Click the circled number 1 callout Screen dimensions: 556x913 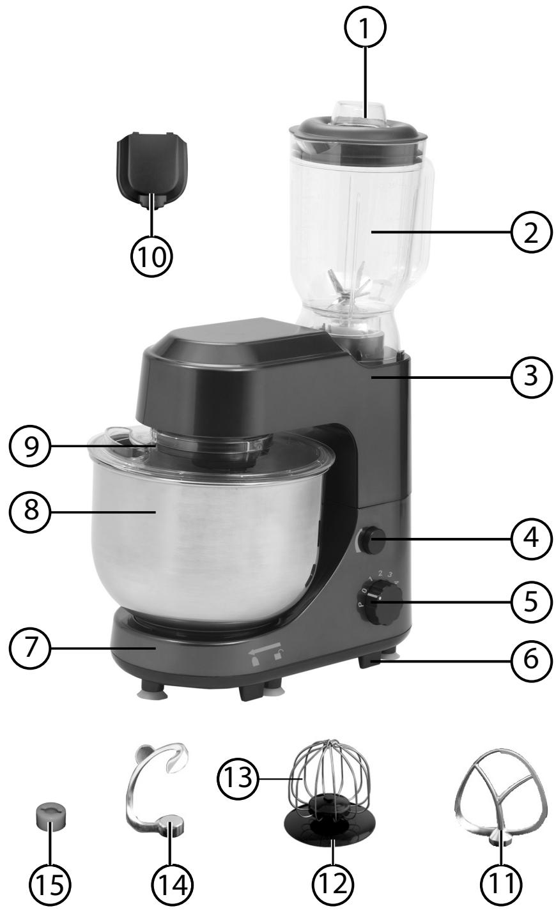(365, 28)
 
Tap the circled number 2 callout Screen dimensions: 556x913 (531, 233)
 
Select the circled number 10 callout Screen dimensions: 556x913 (151, 257)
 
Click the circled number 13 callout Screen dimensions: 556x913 (238, 778)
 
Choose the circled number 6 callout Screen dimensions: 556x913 (531, 659)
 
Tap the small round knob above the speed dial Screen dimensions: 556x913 (372, 540)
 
